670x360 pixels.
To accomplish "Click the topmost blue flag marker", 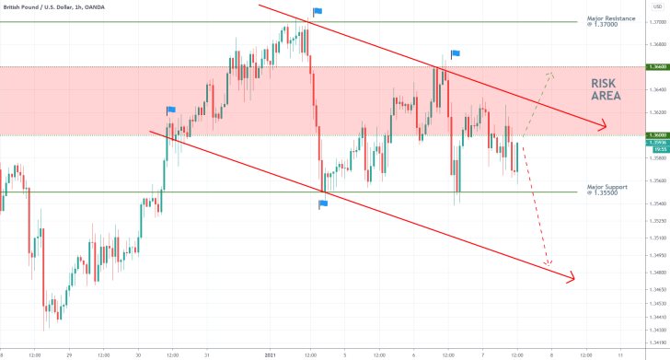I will (x=318, y=12).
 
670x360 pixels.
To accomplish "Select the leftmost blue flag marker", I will (x=171, y=110).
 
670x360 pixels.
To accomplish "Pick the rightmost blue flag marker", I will (x=456, y=54).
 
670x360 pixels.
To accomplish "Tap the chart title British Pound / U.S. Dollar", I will (x=47, y=6).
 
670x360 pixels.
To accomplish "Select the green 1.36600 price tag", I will (x=656, y=67).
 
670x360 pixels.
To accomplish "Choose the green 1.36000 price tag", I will (x=656, y=135).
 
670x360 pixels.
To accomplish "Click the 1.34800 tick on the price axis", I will (x=656, y=273).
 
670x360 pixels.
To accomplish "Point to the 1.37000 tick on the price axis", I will (x=656, y=22).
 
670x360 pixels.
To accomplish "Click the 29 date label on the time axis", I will (x=69, y=354).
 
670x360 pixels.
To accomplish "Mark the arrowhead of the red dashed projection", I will (x=548, y=264).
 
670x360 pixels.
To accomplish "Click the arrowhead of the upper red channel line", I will (x=604, y=127).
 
